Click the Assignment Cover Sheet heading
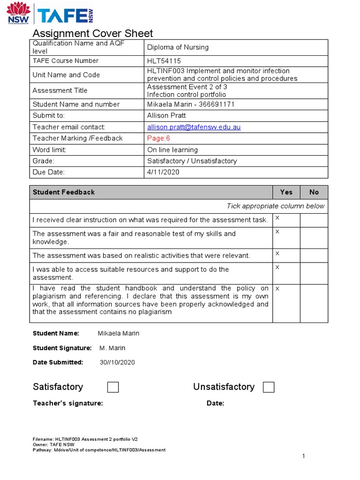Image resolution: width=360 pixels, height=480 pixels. pos(92,33)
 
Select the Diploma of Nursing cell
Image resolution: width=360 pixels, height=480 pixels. pos(178,47)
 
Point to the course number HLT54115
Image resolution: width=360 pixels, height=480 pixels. pos(164,61)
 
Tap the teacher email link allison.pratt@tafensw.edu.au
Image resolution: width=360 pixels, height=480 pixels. pos(194,127)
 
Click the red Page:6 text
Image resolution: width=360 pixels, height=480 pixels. pos(158,138)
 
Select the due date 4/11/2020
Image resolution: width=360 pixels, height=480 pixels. pos(163,172)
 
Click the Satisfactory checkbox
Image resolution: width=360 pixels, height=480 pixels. pos(113,387)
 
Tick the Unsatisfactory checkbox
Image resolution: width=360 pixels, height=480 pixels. pos(269,387)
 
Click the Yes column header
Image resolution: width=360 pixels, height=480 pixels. pos(286,192)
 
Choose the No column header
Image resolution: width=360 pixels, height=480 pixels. pos(314,192)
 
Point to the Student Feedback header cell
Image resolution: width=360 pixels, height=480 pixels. pos(63,192)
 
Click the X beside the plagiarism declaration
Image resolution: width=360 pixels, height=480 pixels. pos(277,288)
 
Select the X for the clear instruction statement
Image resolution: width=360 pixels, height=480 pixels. pos(277,218)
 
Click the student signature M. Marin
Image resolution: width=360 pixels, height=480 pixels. pos(112,348)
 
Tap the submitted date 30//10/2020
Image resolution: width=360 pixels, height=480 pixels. pos(117,362)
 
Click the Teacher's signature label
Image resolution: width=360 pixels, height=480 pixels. pos(67,404)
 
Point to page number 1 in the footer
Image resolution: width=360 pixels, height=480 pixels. pos(304,456)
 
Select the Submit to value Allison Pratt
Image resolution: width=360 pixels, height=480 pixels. pos(166,115)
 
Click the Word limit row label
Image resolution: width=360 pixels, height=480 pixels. pos(49,150)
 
